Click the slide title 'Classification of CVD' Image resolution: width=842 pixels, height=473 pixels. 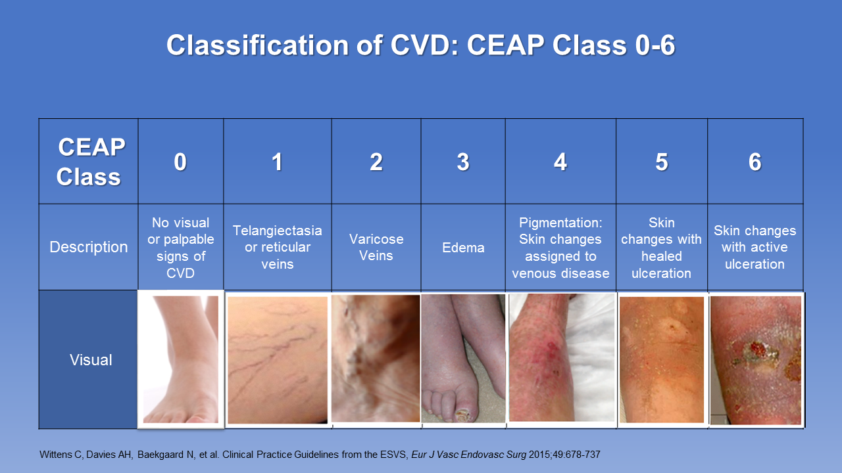click(x=312, y=45)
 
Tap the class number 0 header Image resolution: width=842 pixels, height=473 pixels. click(x=180, y=162)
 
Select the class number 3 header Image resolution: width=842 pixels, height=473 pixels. click(x=463, y=162)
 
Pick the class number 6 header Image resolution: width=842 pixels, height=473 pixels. click(x=755, y=162)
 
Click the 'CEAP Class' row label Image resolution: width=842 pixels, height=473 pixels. click(x=90, y=162)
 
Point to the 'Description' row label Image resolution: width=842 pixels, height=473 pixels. click(x=89, y=247)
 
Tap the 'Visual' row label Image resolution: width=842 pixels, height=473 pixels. click(x=91, y=360)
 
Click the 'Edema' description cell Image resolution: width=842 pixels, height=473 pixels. click(x=463, y=248)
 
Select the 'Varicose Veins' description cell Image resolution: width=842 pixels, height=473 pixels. click(x=376, y=248)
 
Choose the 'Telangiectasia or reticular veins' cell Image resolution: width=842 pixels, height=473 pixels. click(x=278, y=248)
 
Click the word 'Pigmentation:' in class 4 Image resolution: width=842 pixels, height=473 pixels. click(x=560, y=223)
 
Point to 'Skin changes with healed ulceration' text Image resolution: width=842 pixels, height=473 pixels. click(x=661, y=248)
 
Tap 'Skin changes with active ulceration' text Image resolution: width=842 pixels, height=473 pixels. click(x=755, y=248)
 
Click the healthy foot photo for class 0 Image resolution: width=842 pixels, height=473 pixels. click(x=181, y=359)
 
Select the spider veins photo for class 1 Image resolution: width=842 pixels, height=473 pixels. click(x=278, y=360)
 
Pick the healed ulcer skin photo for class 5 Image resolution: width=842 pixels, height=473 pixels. click(x=662, y=359)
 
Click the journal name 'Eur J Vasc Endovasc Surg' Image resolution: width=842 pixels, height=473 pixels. click(x=468, y=455)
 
